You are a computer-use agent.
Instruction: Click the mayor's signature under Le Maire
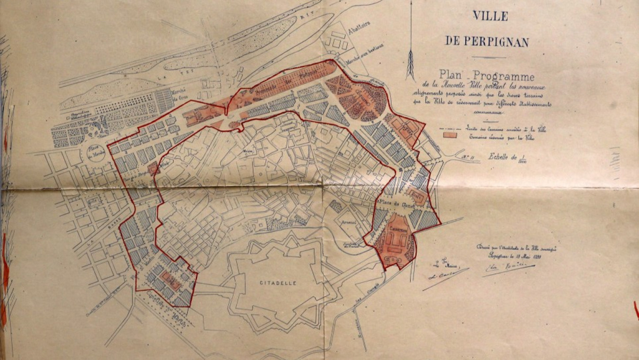[x=443, y=277]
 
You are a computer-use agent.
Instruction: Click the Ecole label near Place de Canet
[x=415, y=195]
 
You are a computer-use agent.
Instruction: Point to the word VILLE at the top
[x=490, y=16]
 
